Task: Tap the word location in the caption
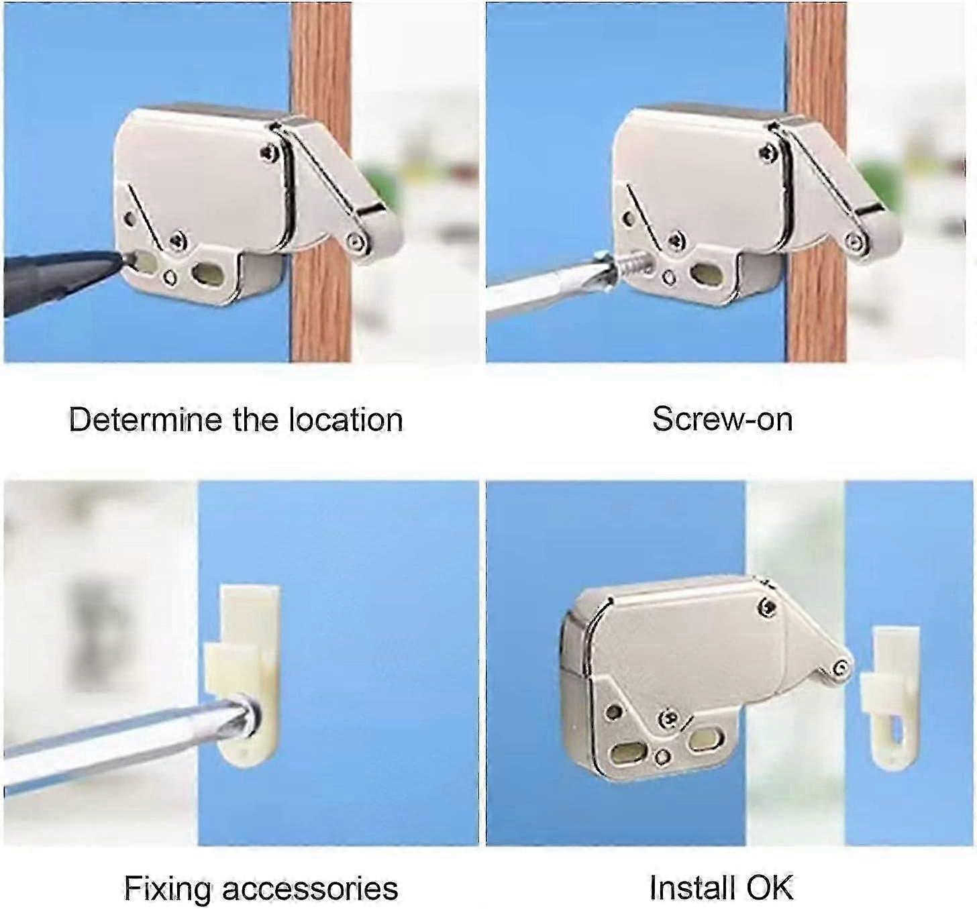(x=346, y=419)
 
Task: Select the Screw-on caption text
(x=722, y=419)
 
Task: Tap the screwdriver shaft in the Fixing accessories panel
(x=123, y=743)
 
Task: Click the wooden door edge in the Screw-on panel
(x=817, y=182)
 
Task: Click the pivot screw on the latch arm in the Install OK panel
(x=841, y=668)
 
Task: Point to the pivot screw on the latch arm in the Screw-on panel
(x=856, y=241)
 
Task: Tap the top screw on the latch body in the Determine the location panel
(x=269, y=153)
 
